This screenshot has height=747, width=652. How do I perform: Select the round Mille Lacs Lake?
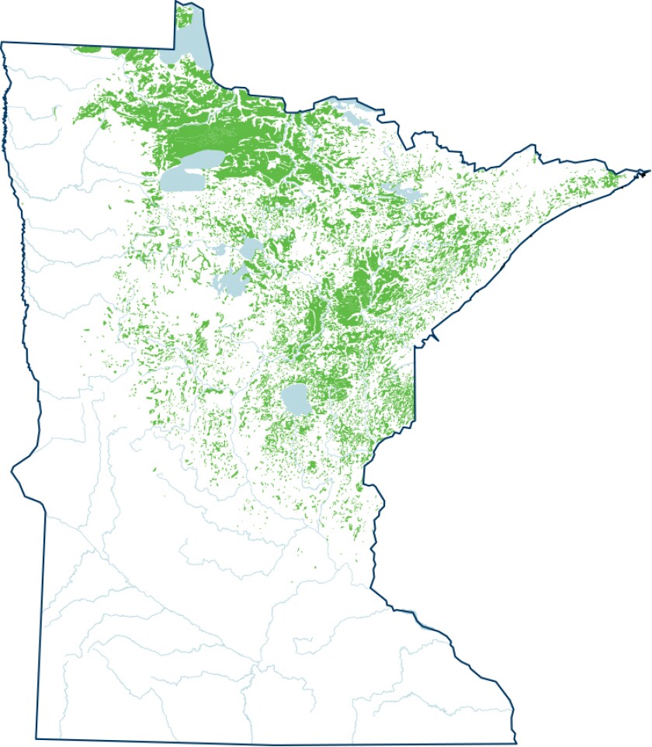click(296, 399)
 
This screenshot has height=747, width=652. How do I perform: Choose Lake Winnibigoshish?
click(252, 249)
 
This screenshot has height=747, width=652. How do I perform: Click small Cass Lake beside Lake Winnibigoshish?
click(220, 251)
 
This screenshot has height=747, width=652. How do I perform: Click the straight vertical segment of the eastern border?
click(415, 380)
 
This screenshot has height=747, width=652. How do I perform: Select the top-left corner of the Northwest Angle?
click(174, 2)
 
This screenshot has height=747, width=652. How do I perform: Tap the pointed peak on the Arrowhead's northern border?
click(534, 146)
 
